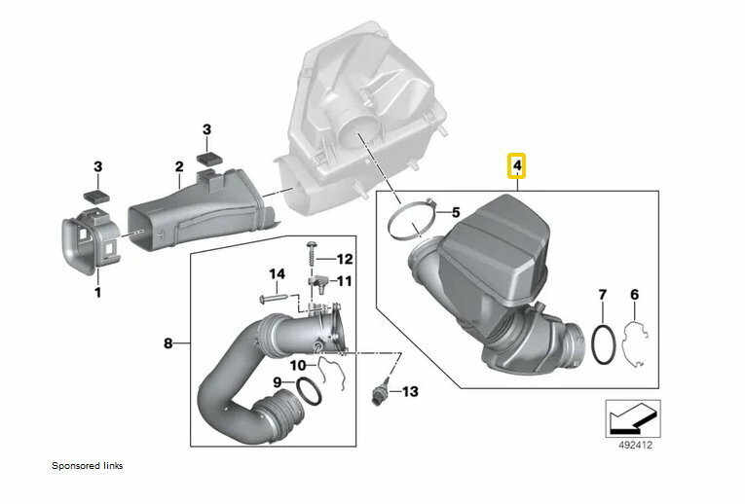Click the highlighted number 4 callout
click(x=518, y=167)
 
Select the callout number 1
click(x=97, y=291)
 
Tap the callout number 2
click(x=179, y=167)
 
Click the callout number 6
click(x=634, y=294)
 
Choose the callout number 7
click(x=602, y=294)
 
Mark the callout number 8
click(x=168, y=343)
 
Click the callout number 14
click(x=277, y=274)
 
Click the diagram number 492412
click(x=634, y=449)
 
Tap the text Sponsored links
click(x=88, y=466)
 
